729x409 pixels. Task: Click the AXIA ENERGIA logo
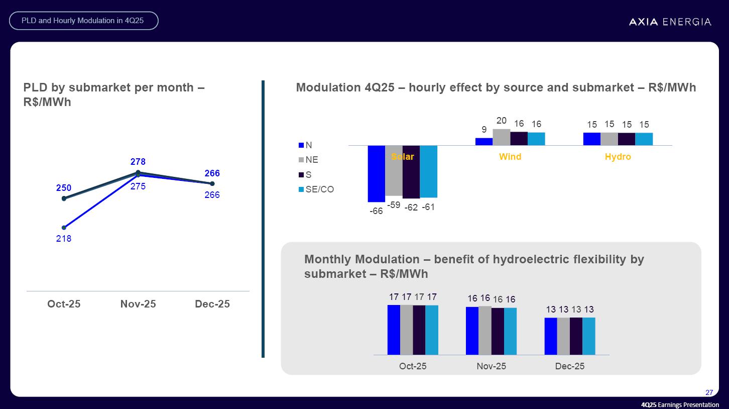670,22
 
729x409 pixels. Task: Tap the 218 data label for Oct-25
64,239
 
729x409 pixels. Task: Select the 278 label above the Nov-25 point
138,162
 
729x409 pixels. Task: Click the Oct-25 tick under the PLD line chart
64,304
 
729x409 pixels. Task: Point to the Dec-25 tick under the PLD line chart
212,304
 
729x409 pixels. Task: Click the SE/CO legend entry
316,189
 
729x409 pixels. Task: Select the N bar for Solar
376,173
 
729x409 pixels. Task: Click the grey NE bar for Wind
501,137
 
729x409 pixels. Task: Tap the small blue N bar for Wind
484,142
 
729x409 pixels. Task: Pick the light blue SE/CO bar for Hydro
644,139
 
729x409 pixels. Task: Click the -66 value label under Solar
376,212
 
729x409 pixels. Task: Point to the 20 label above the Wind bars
501,121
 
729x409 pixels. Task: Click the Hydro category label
618,157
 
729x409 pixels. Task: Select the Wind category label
510,157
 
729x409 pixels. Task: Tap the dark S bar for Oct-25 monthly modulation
419,330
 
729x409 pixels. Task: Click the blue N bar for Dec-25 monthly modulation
551,336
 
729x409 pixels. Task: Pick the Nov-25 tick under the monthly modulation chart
491,366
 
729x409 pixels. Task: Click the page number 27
709,392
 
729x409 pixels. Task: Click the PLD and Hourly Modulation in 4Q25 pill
84,21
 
